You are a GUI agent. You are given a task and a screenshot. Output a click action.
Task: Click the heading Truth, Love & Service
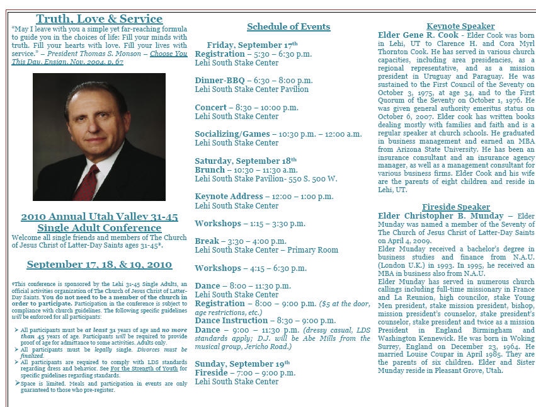(99, 19)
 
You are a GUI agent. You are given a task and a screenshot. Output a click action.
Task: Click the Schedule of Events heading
(288, 26)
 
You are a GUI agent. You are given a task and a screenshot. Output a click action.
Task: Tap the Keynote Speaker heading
(460, 26)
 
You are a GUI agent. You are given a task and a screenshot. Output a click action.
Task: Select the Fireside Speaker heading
(456, 207)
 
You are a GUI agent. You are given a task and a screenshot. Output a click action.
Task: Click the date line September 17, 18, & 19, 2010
(99, 265)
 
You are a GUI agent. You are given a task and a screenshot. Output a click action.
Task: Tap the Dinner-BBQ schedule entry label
(219, 81)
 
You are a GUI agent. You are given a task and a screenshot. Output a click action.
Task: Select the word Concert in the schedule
(210, 108)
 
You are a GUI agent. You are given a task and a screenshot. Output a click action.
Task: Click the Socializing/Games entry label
(232, 134)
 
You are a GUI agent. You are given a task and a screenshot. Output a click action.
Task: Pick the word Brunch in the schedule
(210, 170)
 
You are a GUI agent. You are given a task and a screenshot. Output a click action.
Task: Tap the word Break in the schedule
(207, 241)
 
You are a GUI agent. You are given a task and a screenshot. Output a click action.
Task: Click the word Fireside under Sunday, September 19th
(211, 373)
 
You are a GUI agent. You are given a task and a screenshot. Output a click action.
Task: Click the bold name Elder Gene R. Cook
(418, 35)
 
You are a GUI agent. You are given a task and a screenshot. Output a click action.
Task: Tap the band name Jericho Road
(270, 347)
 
